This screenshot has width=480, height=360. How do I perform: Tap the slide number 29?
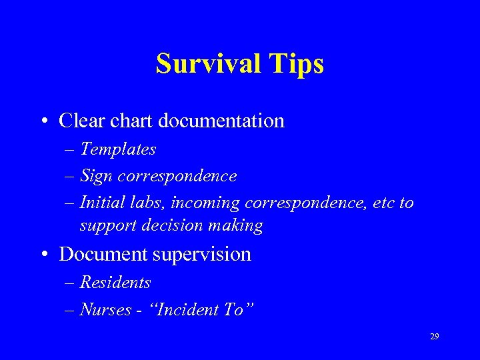coord(434,337)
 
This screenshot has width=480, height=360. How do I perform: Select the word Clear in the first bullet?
coord(78,121)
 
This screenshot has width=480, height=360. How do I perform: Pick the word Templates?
coord(118,149)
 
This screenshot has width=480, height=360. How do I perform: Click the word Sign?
coord(96,176)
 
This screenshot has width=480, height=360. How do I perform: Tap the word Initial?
coord(99,203)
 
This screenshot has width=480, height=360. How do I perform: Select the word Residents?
coord(115,283)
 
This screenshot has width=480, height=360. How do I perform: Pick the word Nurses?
coord(105,310)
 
